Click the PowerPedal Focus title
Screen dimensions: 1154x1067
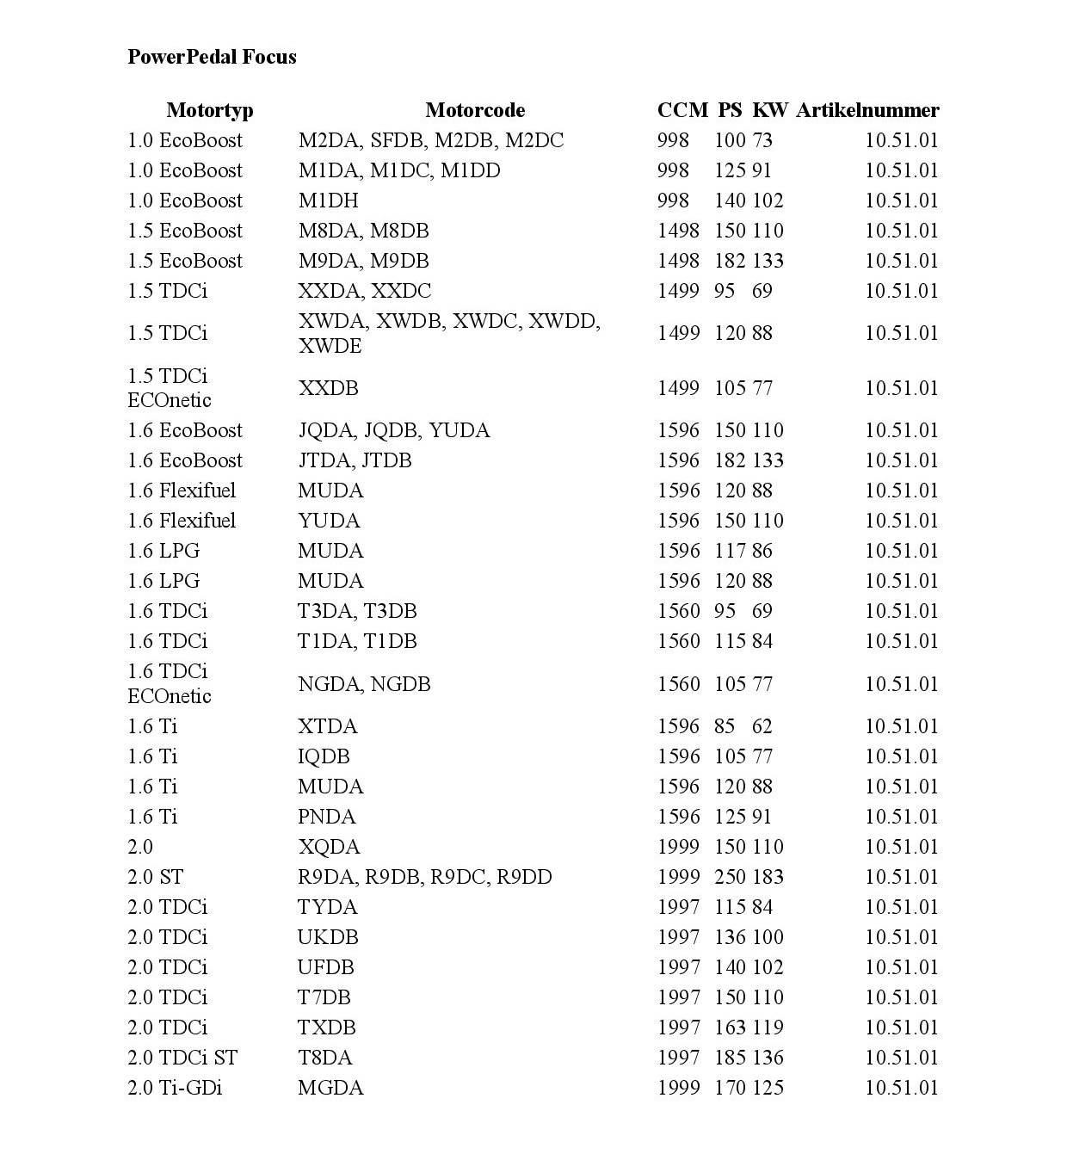pyautogui.click(x=212, y=57)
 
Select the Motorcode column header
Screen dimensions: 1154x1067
pyautogui.click(x=474, y=110)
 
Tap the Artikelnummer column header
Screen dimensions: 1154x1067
pyautogui.click(x=867, y=110)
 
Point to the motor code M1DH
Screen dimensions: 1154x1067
pyautogui.click(x=328, y=201)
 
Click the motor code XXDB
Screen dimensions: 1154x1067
pyautogui.click(x=328, y=388)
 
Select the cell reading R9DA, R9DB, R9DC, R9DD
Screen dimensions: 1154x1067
pyautogui.click(x=424, y=877)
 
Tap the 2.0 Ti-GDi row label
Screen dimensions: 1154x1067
pyautogui.click(x=175, y=1088)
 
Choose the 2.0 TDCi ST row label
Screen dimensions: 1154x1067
pyautogui.click(x=182, y=1058)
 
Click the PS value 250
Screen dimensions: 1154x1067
pyautogui.click(x=731, y=877)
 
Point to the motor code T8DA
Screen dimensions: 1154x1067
pyautogui.click(x=325, y=1058)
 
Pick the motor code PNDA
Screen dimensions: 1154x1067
pyautogui.click(x=327, y=817)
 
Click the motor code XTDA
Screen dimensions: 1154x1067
pyautogui.click(x=328, y=726)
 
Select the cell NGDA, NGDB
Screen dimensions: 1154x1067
pyautogui.click(x=364, y=684)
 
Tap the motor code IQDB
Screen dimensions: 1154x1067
pyautogui.click(x=324, y=756)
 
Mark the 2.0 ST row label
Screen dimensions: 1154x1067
pyautogui.click(x=155, y=877)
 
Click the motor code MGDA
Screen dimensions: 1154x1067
pyautogui.click(x=330, y=1088)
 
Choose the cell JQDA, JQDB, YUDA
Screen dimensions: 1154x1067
pyautogui.click(x=393, y=430)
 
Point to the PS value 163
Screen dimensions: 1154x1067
pyautogui.click(x=731, y=1027)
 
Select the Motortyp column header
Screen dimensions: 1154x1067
pyautogui.click(x=209, y=110)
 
